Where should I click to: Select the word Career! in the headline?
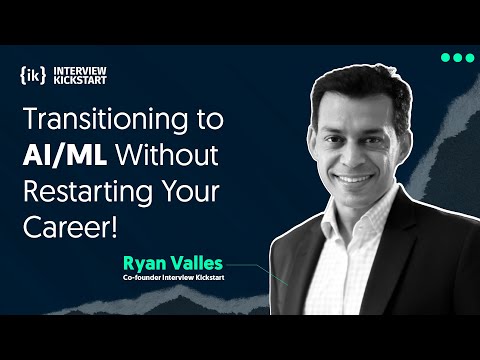69,227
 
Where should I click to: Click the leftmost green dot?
444,58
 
